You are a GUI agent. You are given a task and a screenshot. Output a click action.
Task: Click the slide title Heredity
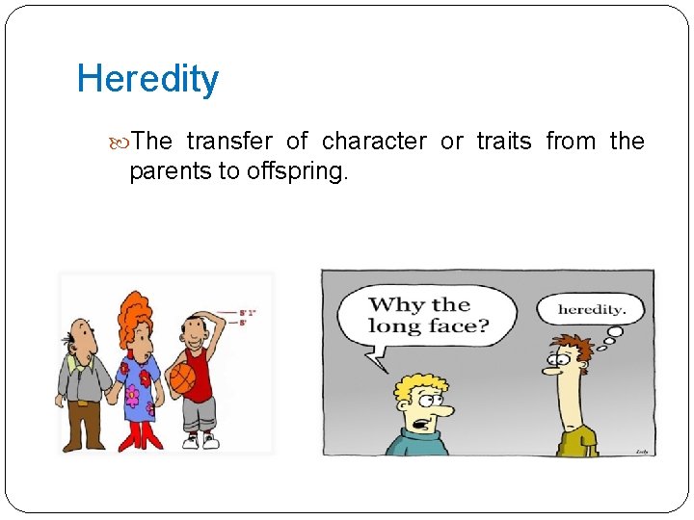147,79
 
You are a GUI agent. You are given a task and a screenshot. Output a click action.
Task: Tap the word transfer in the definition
229,142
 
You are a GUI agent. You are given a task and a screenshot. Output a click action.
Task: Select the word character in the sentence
374,142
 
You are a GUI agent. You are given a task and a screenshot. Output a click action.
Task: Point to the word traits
503,142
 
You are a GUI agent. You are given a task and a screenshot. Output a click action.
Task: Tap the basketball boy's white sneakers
200,441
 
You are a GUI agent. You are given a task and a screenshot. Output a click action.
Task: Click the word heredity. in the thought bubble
592,310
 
